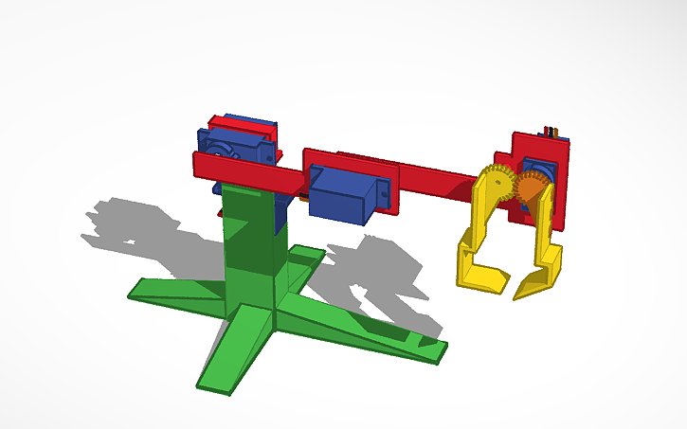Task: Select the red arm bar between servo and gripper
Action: coord(436,180)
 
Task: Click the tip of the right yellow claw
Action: coord(520,290)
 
